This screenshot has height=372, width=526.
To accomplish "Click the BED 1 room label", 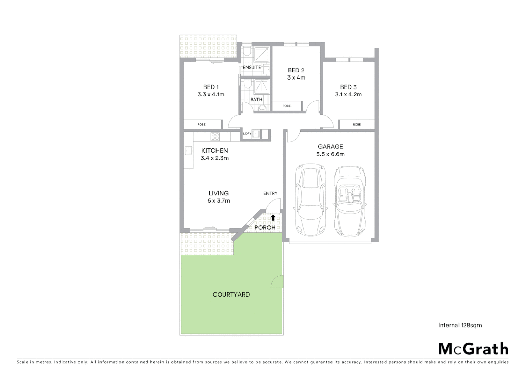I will click(x=211, y=87).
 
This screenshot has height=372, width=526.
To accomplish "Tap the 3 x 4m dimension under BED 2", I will click(x=296, y=77).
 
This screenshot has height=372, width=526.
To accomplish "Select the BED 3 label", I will click(x=348, y=87).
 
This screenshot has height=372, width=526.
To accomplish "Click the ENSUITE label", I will click(x=252, y=68).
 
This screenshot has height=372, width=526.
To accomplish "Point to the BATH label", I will click(x=256, y=100).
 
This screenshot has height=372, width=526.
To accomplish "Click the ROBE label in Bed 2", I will click(x=286, y=106).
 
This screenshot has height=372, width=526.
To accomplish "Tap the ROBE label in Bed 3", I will click(x=357, y=124).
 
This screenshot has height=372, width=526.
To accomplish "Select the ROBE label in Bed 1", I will click(x=201, y=124).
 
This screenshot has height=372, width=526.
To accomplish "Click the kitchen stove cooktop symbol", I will click(x=215, y=136).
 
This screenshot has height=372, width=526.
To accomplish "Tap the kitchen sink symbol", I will click(x=189, y=151).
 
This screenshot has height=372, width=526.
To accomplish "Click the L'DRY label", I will click(x=247, y=134).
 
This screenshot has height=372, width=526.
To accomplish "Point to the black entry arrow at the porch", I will click(x=273, y=217).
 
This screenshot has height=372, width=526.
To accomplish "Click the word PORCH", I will click(x=265, y=227).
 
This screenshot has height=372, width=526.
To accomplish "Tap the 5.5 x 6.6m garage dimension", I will click(x=330, y=154).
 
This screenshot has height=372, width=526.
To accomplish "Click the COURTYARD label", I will click(x=231, y=294).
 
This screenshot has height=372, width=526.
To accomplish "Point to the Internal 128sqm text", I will click(x=460, y=325).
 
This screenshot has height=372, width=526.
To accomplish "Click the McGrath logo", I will click(x=473, y=349).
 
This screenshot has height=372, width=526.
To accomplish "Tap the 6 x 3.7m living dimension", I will click(x=219, y=201).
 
